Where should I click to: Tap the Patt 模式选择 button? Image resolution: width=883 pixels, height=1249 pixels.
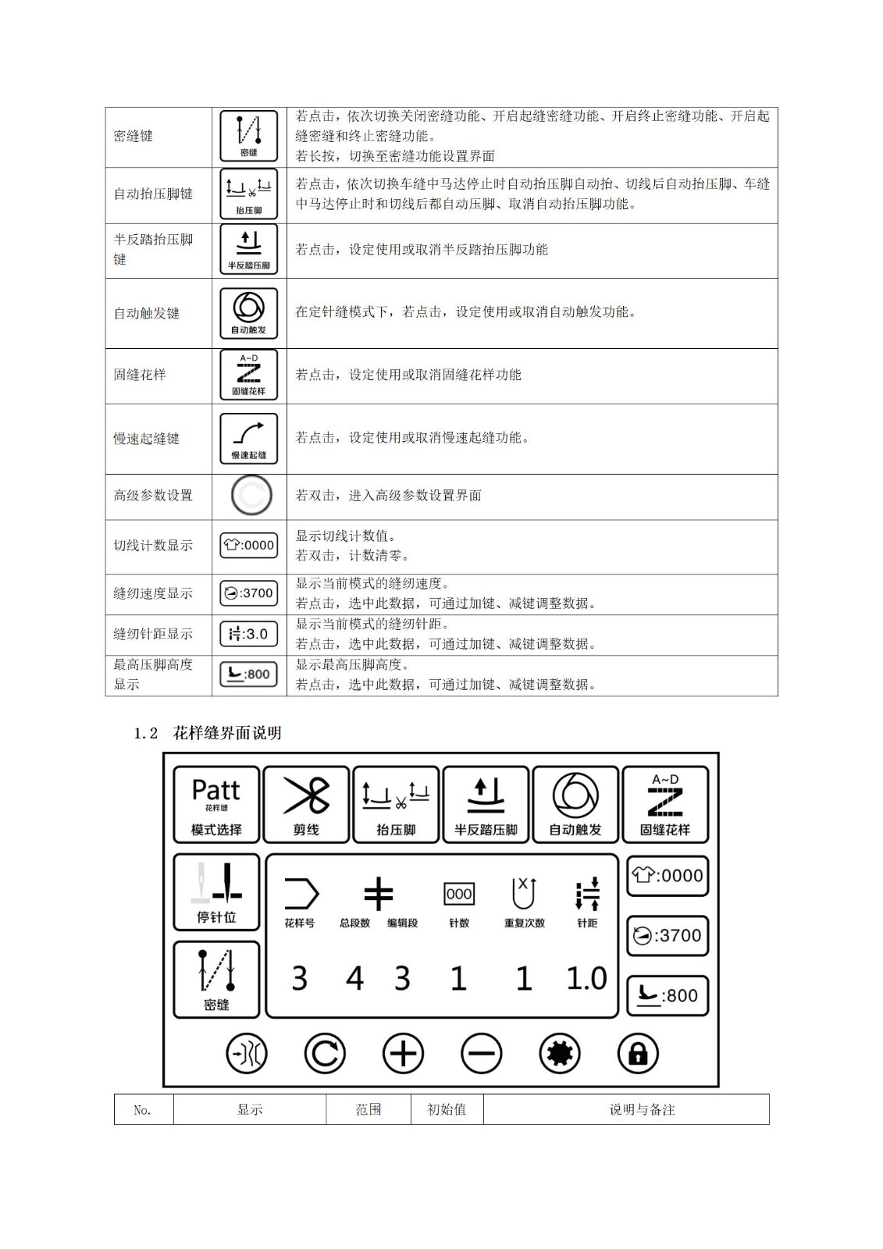tap(216, 804)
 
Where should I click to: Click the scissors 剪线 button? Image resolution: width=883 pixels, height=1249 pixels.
tap(306, 804)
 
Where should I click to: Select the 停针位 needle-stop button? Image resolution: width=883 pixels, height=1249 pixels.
tap(216, 892)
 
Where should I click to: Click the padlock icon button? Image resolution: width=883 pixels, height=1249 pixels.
tap(638, 1054)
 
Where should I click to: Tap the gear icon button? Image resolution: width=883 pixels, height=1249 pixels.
tap(560, 1054)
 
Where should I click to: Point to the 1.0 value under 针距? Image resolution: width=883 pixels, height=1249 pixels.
tap(586, 979)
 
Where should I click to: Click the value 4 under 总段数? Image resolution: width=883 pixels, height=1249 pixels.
tap(354, 979)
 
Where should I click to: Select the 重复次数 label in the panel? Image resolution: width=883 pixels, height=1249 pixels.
tap(524, 923)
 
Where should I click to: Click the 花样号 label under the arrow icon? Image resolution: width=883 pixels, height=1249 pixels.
tap(300, 923)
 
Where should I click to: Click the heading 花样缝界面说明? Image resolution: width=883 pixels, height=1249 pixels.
tap(226, 734)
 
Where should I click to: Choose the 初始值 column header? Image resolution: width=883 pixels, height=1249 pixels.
tap(447, 1109)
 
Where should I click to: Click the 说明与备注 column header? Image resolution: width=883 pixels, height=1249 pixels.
tap(642, 1109)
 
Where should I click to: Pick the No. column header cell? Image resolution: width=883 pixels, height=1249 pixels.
tap(143, 1109)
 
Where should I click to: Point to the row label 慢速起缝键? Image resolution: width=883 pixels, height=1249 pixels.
tap(147, 439)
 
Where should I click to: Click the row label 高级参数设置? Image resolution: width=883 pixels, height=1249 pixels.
tap(153, 496)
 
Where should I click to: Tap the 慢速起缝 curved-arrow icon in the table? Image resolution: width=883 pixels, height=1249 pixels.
tap(248, 439)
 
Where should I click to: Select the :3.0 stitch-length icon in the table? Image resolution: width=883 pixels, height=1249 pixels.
tap(248, 634)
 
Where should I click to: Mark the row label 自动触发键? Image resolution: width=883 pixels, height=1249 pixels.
tap(147, 313)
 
